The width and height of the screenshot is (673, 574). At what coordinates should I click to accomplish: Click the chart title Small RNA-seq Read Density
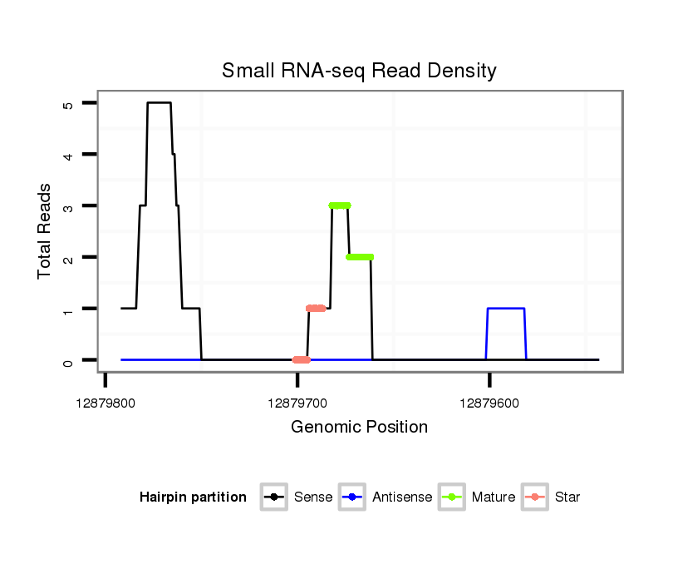click(x=359, y=71)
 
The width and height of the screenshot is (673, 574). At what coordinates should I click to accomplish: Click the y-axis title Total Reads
click(x=47, y=231)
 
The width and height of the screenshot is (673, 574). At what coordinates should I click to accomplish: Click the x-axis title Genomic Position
click(x=359, y=428)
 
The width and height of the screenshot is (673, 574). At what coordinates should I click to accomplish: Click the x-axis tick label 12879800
click(x=106, y=403)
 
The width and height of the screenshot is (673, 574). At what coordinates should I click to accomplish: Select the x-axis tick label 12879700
click(x=297, y=403)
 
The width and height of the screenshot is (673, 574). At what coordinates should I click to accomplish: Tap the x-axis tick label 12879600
click(x=489, y=403)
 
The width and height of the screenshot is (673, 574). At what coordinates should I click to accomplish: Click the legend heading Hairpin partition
click(x=193, y=497)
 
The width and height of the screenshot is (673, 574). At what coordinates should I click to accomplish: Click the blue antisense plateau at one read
click(x=506, y=309)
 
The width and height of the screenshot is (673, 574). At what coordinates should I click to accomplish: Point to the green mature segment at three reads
click(x=340, y=205)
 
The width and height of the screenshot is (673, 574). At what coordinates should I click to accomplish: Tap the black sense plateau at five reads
click(x=159, y=102)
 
